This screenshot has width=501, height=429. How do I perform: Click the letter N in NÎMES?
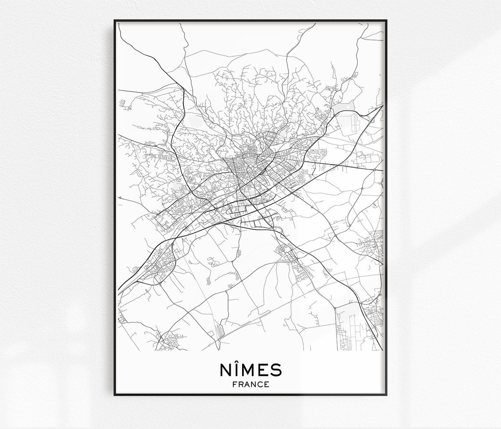[x=225, y=370]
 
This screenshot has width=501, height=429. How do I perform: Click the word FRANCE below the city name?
[x=250, y=384]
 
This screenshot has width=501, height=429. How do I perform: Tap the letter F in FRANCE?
[x=234, y=384]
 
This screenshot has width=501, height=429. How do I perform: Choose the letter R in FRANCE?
[x=240, y=384]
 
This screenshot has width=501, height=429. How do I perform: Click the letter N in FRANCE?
[x=254, y=384]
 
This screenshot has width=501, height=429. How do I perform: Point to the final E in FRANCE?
[x=267, y=384]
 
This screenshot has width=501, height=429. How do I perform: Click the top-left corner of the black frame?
[x=115, y=21]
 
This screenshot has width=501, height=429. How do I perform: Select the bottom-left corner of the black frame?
[x=115, y=395]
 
